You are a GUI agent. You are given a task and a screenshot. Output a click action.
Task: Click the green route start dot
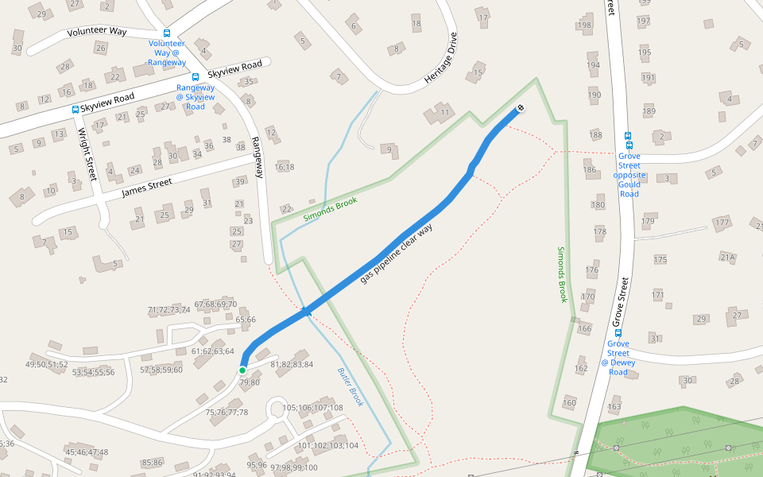(x=242, y=370)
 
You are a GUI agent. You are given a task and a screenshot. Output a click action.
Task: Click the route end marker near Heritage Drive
(x=521, y=108)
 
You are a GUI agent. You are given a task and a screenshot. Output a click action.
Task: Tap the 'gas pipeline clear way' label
(x=401, y=252)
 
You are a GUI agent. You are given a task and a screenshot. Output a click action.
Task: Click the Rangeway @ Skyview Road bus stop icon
(x=196, y=77)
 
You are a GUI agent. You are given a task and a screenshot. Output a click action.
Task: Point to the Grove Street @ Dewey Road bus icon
(x=618, y=333)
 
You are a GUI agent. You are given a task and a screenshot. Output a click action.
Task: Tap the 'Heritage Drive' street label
(x=442, y=58)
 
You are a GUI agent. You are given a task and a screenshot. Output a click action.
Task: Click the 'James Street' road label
(x=147, y=188)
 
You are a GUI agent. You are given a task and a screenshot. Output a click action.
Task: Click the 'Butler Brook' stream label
(x=350, y=387)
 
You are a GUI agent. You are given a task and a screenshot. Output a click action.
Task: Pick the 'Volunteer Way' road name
(x=97, y=32)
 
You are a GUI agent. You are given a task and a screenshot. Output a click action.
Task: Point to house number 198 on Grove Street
(x=586, y=25)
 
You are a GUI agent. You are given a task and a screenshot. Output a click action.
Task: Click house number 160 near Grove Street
(x=569, y=403)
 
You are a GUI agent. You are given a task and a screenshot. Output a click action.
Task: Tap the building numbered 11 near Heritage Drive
(x=445, y=112)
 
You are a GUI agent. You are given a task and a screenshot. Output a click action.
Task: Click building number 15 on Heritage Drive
(x=478, y=73)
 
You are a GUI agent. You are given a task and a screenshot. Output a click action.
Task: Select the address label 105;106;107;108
(x=312, y=408)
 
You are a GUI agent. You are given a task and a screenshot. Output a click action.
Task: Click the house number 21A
(x=727, y=257)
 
